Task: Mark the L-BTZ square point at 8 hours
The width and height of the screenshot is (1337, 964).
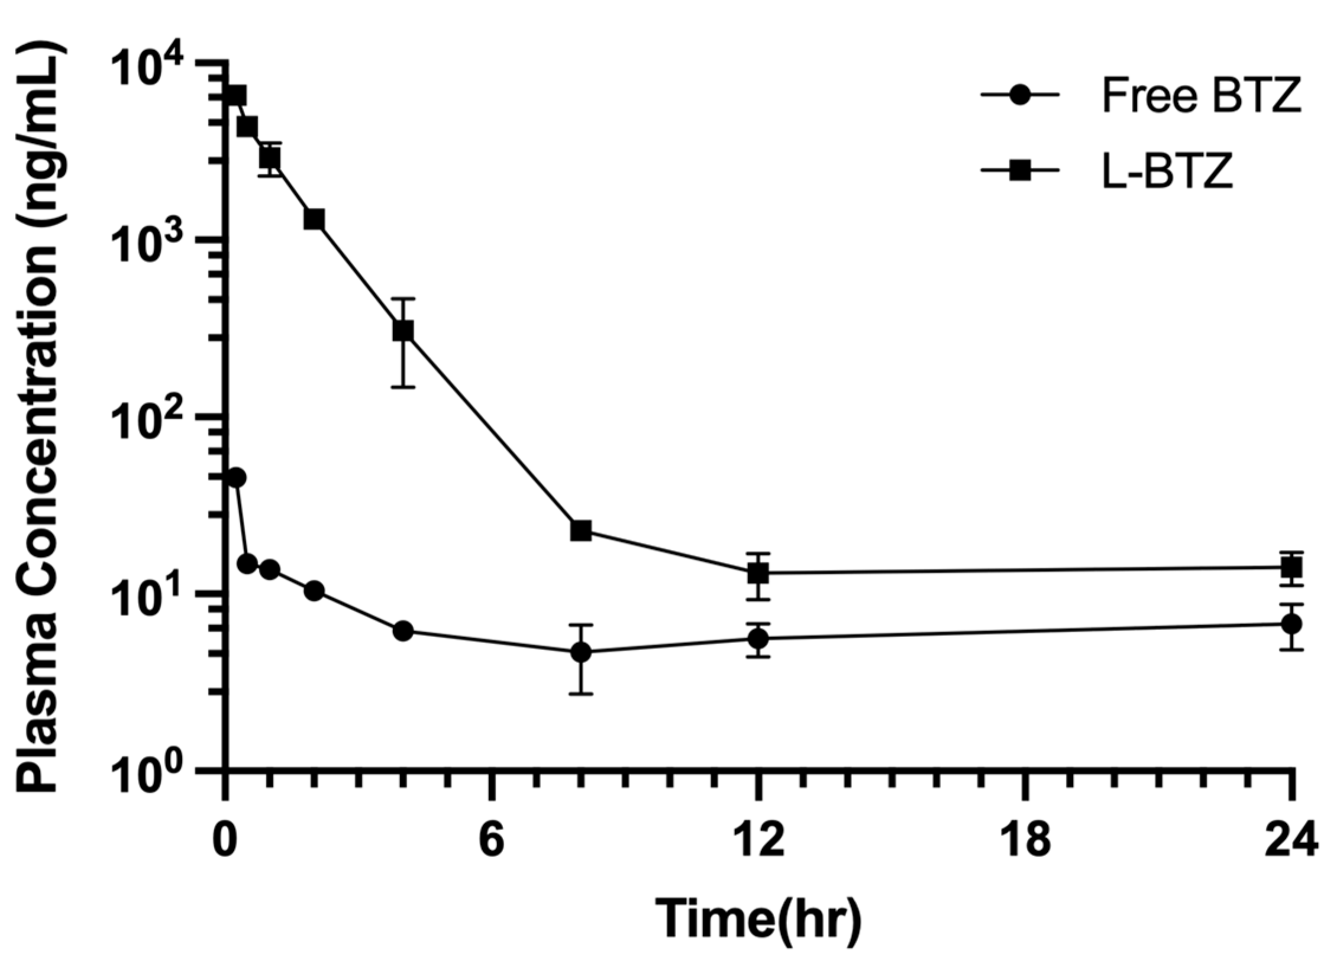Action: coord(581,530)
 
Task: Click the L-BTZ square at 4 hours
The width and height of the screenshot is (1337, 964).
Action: coord(403,331)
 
